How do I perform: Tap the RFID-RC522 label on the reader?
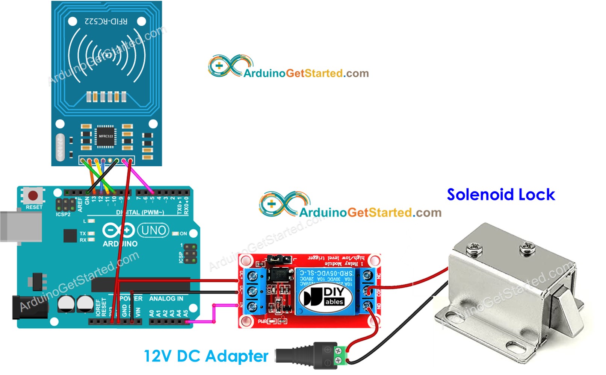[x=106, y=21]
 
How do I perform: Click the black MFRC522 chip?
[x=106, y=136]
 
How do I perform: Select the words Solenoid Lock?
[x=500, y=194]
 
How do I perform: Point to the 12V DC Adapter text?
[x=206, y=356]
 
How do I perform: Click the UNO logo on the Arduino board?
[x=153, y=230]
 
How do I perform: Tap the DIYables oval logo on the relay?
[x=325, y=296]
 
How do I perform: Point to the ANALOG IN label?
[x=166, y=299]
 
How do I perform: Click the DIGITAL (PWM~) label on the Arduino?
[x=140, y=213]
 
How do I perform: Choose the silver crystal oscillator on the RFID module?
[x=60, y=147]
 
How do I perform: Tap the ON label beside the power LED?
[x=183, y=234]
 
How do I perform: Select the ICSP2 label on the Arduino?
[x=63, y=214]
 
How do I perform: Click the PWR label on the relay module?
[x=262, y=322]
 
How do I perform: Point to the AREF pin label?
[x=80, y=205]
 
